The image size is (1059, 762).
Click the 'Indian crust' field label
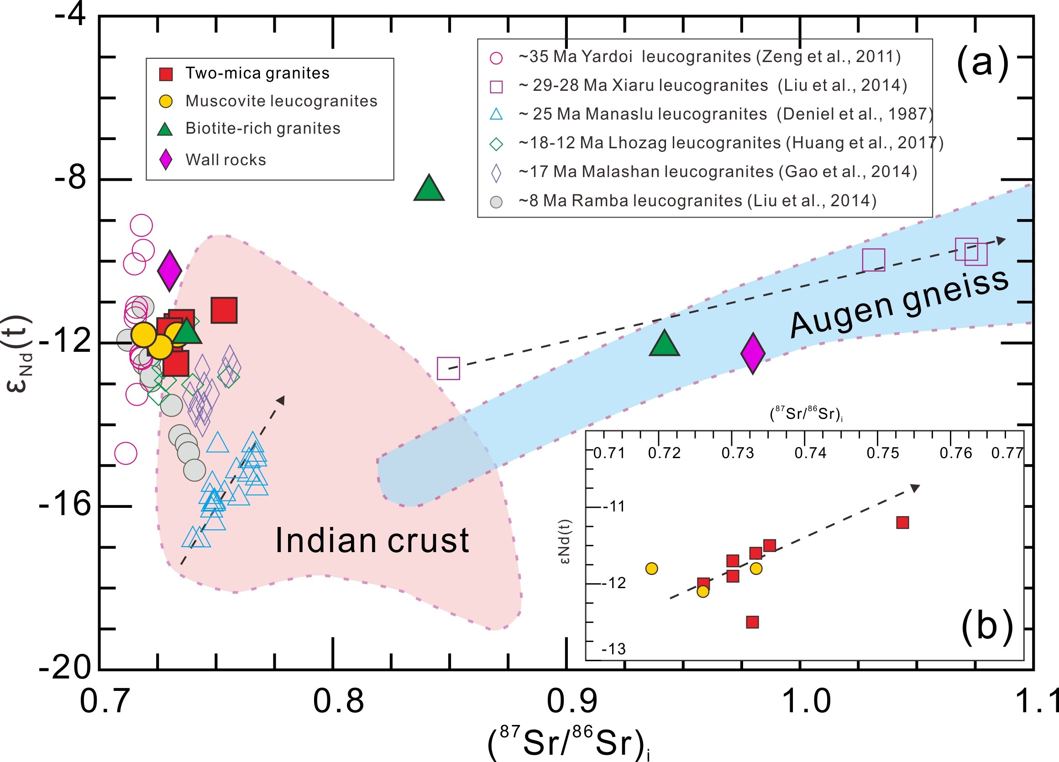click(x=372, y=541)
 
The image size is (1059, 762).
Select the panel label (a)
click(x=983, y=63)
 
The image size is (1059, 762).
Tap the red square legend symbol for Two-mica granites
click(x=166, y=74)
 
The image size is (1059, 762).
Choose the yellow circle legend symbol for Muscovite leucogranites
click(x=166, y=101)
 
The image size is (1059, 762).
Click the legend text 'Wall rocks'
click(x=225, y=160)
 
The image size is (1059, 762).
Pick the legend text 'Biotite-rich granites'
click(x=263, y=128)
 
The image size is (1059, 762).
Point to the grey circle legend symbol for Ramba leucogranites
click(x=496, y=202)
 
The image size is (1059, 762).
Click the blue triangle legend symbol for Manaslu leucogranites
click(x=496, y=115)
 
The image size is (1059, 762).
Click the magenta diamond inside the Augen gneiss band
click(x=753, y=353)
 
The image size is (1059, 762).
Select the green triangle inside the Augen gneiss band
click(x=664, y=344)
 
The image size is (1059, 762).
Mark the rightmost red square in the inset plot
click(x=902, y=522)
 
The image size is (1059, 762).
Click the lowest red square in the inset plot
click(x=752, y=622)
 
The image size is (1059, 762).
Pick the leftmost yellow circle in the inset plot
click(x=651, y=569)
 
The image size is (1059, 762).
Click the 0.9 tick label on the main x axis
click(x=571, y=701)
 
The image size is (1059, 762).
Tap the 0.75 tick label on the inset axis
click(x=882, y=453)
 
